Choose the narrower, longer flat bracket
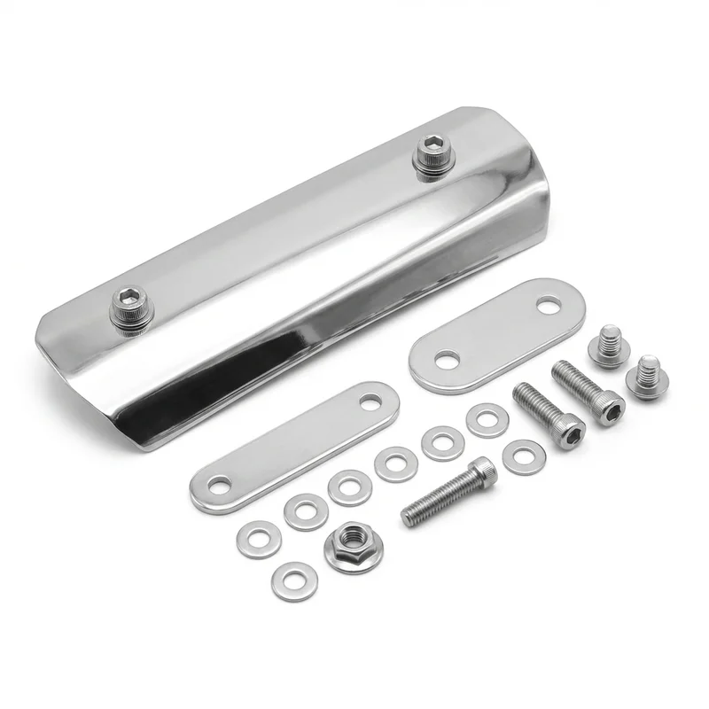[294, 446]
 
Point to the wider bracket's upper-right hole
[547, 308]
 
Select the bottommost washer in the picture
[293, 580]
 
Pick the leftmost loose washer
[258, 538]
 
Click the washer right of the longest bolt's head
[522, 456]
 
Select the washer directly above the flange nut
[349, 487]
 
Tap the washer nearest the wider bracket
[487, 419]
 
